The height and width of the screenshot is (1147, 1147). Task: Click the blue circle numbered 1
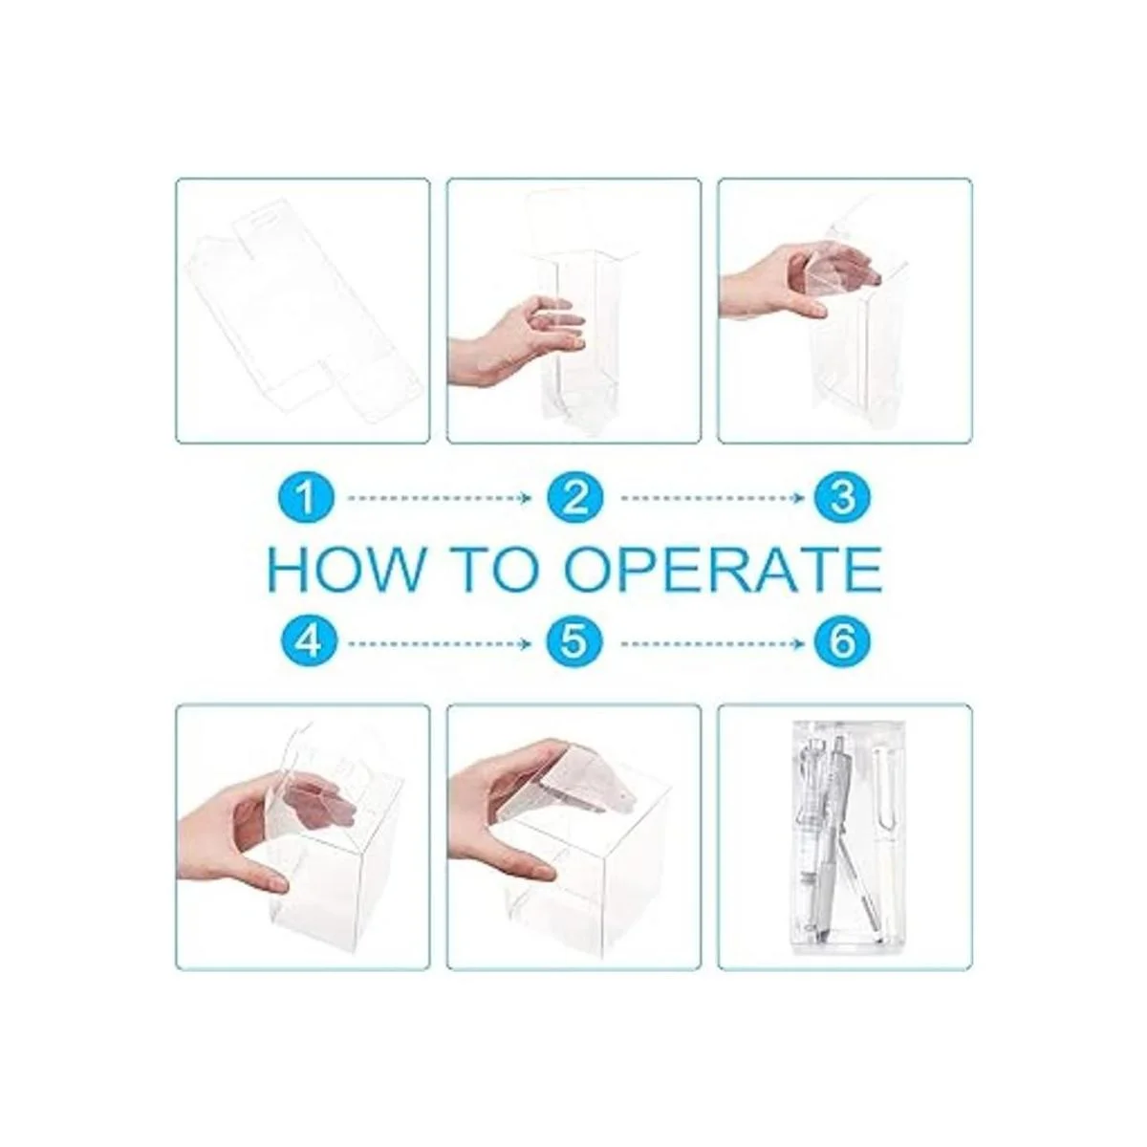coord(305,498)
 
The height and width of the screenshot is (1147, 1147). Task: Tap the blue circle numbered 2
coord(575,498)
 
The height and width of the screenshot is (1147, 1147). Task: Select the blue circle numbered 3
coord(842,498)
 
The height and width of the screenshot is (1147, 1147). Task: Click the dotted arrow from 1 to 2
coord(439,498)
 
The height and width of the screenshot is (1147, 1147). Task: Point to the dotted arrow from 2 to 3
coord(712,498)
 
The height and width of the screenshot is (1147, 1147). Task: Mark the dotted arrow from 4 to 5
coord(439,643)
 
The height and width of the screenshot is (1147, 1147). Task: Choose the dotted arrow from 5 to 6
coord(712,643)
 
